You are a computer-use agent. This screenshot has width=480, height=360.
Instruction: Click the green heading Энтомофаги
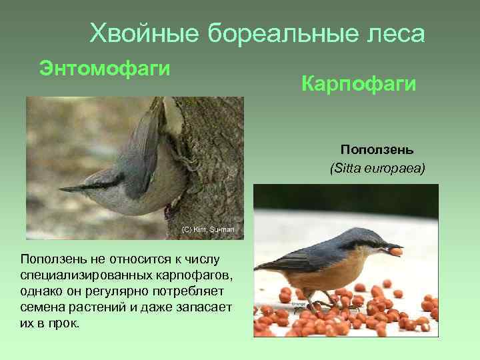(x=105, y=68)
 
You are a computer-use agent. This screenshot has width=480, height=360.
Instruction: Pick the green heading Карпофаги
(x=359, y=84)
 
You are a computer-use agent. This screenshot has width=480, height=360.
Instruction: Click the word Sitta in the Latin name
(x=347, y=169)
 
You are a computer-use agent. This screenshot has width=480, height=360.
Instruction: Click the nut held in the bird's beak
(x=396, y=251)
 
